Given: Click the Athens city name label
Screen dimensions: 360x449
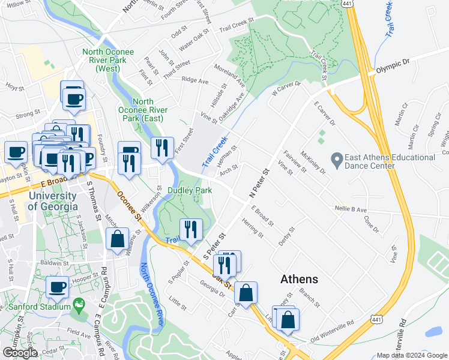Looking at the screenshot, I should (300, 280).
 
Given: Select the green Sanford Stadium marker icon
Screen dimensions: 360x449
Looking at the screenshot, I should (77, 305).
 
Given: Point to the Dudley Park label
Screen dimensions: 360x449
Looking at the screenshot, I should (190, 190).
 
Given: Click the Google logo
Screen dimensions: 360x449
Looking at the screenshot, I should (20, 353).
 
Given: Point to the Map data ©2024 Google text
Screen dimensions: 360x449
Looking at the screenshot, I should (411, 355).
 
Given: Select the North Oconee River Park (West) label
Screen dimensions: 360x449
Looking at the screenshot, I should (109, 60).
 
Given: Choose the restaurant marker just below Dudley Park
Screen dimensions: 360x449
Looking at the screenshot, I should (190, 230).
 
